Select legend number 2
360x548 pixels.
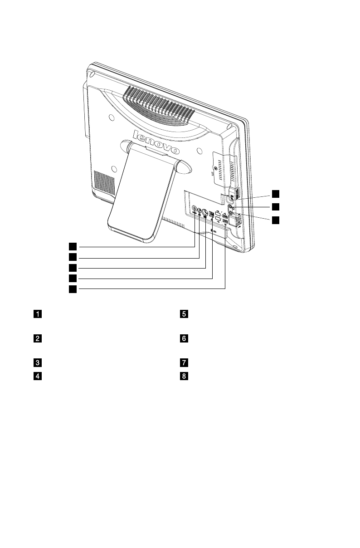pos(39,338)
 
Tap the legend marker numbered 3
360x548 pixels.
pos(39,362)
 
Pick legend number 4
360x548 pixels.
pos(39,376)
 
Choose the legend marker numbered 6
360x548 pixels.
pos(184,338)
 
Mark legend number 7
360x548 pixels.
pos(184,362)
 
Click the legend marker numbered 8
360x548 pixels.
pos(184,376)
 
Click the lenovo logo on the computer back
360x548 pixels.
pos(156,142)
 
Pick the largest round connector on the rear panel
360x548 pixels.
pos(204,212)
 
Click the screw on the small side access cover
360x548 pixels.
pos(214,167)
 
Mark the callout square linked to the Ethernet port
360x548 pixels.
pos(73,278)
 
